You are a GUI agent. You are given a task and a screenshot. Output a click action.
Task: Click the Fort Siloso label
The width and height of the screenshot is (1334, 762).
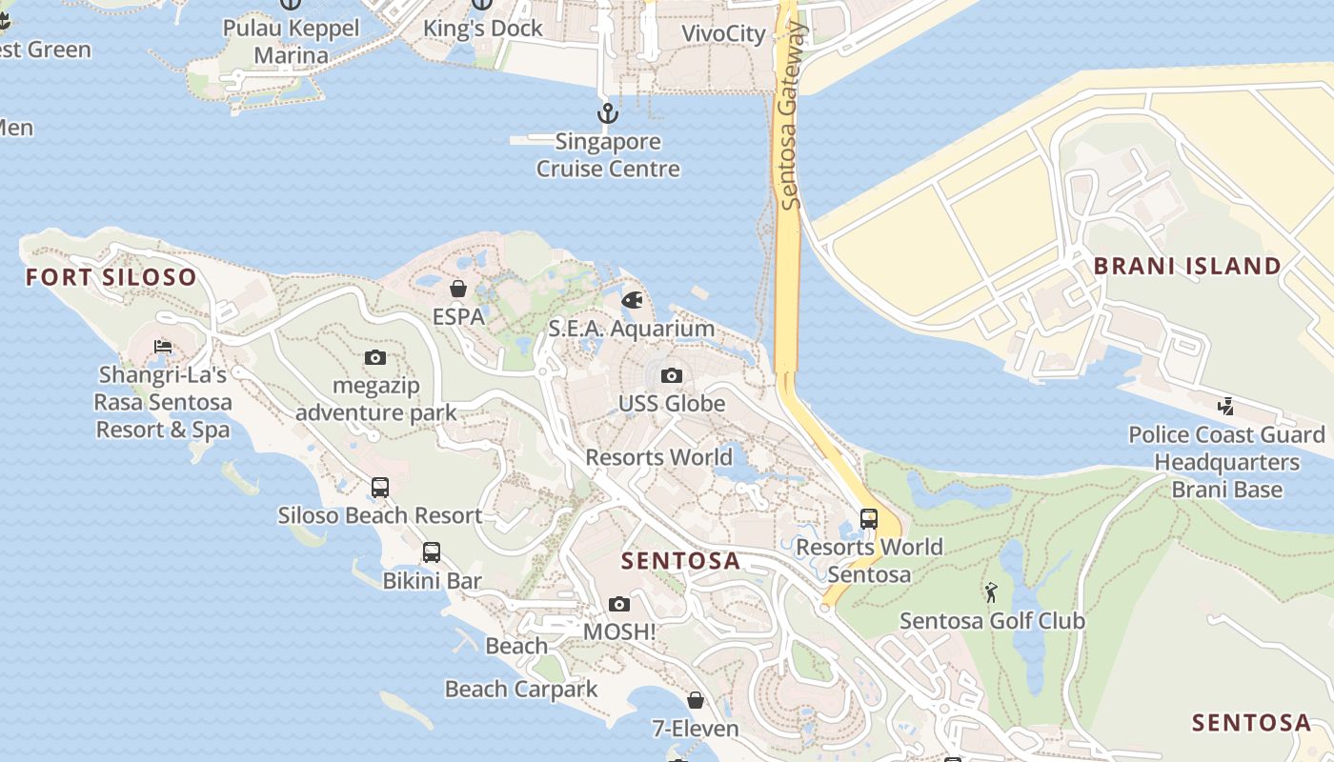click(111, 278)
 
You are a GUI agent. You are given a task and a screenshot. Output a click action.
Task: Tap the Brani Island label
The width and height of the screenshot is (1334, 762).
click(1187, 267)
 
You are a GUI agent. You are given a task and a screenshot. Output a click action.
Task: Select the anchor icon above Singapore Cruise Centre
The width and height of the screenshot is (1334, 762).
click(608, 114)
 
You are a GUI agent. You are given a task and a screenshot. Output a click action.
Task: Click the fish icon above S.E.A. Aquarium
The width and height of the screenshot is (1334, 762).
click(632, 301)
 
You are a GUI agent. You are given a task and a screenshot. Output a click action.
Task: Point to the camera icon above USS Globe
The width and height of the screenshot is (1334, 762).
click(672, 375)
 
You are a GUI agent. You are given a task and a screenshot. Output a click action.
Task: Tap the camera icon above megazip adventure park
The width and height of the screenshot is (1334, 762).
click(375, 358)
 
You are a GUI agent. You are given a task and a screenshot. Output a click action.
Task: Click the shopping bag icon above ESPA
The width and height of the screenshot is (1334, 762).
click(458, 288)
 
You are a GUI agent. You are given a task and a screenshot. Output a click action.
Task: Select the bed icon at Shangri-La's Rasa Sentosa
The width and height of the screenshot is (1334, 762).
click(164, 346)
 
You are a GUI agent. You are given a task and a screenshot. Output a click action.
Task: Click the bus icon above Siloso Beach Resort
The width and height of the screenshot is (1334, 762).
click(380, 488)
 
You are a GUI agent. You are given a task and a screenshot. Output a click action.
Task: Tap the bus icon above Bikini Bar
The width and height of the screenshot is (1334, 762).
click(432, 552)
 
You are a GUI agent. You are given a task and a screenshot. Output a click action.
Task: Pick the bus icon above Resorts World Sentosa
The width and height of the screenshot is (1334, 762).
click(869, 519)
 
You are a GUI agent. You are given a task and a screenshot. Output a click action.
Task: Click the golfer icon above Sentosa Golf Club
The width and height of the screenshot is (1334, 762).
click(992, 592)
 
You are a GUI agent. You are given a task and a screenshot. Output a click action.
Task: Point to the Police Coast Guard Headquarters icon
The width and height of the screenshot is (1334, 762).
click(1226, 407)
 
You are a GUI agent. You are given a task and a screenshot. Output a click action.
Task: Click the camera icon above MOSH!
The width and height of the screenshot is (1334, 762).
click(619, 604)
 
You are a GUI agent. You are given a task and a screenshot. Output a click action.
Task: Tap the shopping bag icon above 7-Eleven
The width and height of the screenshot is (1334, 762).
click(696, 700)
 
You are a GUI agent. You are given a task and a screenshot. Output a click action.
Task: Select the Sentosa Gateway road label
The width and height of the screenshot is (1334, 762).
click(790, 114)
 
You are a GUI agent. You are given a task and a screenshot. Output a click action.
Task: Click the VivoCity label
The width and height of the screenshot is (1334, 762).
click(723, 34)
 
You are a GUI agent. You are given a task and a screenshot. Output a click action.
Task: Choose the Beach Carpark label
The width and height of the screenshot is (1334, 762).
click(521, 689)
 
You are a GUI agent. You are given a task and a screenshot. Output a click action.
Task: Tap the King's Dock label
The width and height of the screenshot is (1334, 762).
click(483, 29)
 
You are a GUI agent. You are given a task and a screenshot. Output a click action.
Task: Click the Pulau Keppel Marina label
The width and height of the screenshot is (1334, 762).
click(292, 42)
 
